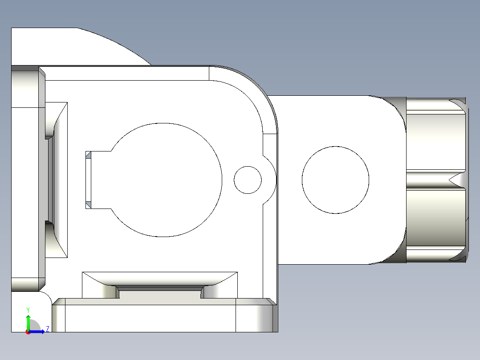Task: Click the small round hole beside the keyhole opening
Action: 248,180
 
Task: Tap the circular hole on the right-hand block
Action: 335,180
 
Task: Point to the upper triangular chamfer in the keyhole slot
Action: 88,155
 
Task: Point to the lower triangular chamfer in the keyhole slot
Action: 88,205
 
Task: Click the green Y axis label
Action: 28,310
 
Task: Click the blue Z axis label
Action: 47,329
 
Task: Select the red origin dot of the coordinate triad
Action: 28,332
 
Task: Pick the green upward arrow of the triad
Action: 28,322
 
